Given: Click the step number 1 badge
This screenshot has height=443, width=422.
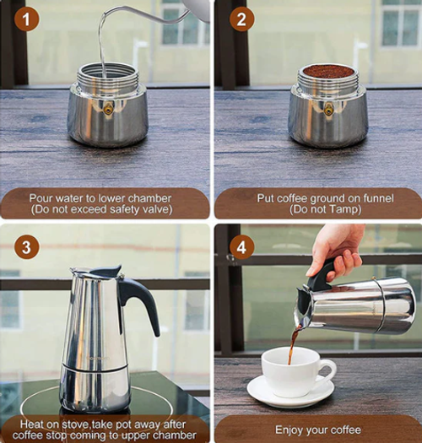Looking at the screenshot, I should tap(26, 19).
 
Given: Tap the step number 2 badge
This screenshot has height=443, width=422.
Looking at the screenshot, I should tap(241, 19).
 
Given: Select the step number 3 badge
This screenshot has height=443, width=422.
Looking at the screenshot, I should tap(26, 247).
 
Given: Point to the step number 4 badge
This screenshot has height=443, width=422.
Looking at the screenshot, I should tap(241, 247).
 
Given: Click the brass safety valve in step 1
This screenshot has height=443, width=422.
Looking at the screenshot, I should tap(108, 107).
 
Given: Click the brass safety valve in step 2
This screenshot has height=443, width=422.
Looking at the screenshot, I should tap(328, 109).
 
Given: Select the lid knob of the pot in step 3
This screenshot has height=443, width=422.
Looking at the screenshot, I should tap(106, 270).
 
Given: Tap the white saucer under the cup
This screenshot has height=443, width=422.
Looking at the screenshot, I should tap(289, 392).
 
